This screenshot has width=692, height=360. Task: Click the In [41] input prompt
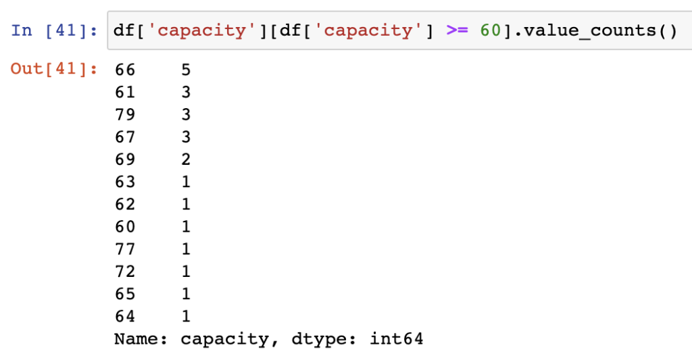point(54,30)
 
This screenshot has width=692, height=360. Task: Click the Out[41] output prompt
point(54,69)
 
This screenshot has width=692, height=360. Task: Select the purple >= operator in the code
point(457,30)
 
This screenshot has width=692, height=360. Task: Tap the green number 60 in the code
point(491,30)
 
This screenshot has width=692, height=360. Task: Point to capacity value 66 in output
point(125,70)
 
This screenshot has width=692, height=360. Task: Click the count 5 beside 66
point(186,70)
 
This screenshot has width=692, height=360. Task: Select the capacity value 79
point(125,115)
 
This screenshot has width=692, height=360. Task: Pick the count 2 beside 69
point(186,159)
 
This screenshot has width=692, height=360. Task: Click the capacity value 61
point(125,93)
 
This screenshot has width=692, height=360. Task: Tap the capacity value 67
point(125,136)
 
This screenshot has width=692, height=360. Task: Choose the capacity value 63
point(125,182)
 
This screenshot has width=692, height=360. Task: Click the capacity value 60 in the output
point(125,227)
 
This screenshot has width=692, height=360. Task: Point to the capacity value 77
point(125,249)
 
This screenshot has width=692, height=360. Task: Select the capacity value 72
point(125,272)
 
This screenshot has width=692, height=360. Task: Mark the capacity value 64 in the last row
point(125,316)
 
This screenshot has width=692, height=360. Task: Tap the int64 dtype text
point(396,339)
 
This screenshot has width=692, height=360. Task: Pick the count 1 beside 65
point(186,294)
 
